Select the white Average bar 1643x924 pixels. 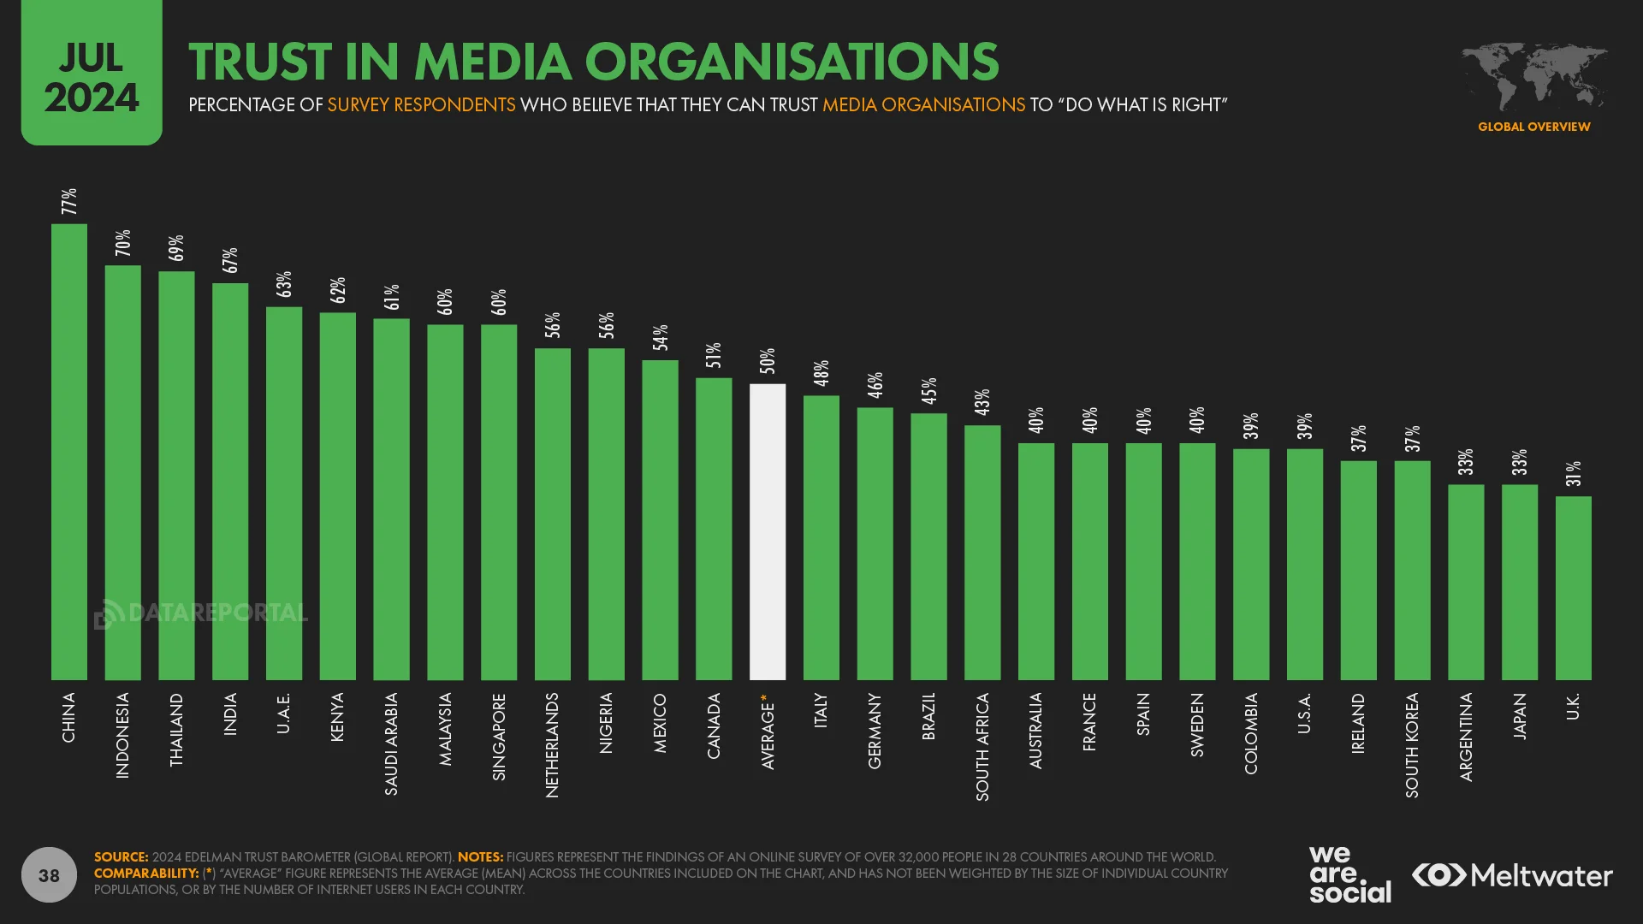tap(768, 531)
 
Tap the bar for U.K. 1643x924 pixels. tap(1573, 588)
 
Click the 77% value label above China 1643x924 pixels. tap(69, 202)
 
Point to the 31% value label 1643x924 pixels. tap(1574, 474)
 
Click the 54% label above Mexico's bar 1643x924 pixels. tap(660, 338)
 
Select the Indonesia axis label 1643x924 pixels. tap(122, 735)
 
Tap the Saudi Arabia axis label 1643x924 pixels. tap(391, 743)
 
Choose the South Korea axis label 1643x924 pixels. tap(1412, 744)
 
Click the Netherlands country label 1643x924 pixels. tap(552, 744)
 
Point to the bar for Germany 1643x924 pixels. tap(875, 543)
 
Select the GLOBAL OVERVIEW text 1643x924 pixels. tap(1533, 127)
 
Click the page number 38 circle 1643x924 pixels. tap(49, 874)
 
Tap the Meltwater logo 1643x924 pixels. tap(1512, 875)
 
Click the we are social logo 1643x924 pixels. tap(1349, 874)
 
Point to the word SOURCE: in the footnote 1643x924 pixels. tap(121, 856)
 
